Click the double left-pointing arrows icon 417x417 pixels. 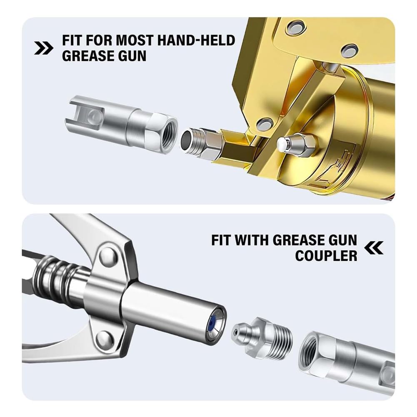[374, 249]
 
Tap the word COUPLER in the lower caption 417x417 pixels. [326, 255]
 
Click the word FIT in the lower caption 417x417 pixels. [223, 240]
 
